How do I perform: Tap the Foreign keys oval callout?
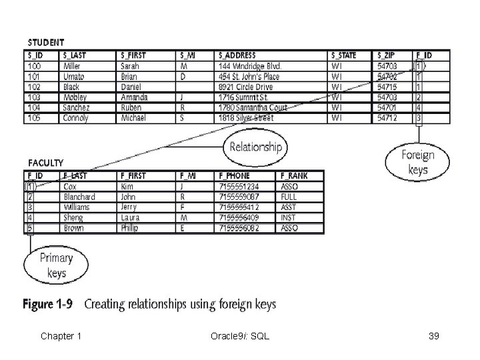417,163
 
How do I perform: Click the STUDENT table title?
46,43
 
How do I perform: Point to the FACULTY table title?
46,163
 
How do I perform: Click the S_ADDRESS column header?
237,55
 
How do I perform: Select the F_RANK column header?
294,176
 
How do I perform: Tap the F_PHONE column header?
234,176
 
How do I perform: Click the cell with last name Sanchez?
77,108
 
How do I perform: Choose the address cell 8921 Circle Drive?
245,87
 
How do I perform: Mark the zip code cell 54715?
388,87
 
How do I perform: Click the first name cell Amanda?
134,97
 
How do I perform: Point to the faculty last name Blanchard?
79,197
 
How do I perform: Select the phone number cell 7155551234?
237,187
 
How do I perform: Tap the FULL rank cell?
289,197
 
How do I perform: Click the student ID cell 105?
34,118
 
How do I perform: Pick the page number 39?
434,336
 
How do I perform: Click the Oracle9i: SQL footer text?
239,336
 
